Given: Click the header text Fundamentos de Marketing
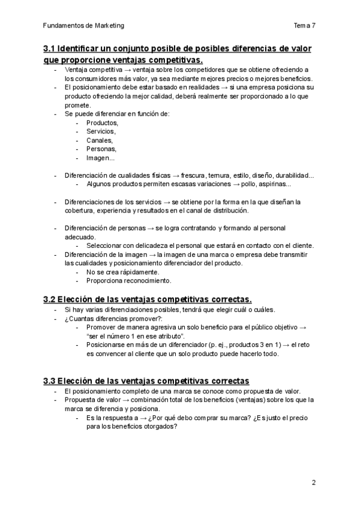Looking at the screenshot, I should tap(83, 26).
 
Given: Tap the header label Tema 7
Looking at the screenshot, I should tap(305, 26).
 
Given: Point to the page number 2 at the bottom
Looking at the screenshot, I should tap(313, 482).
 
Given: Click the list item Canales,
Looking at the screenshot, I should tap(100, 140).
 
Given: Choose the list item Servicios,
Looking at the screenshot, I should tap(101, 131).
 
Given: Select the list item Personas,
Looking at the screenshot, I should tap(101, 149).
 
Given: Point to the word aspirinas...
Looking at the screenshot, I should tap(275, 184).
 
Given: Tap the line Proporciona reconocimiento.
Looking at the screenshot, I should tap(129, 280).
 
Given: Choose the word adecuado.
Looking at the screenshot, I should tap(80, 237).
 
